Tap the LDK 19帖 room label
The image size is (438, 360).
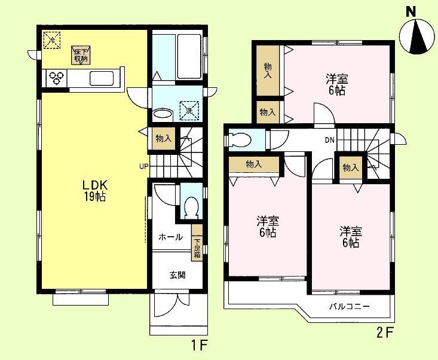click(94, 190)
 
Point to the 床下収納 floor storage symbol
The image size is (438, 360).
click(81, 55)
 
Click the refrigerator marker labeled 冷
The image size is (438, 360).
click(52, 40)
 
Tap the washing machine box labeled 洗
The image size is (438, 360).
click(189, 110)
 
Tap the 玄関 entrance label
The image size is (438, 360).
click(177, 275)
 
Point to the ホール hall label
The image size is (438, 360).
click(170, 237)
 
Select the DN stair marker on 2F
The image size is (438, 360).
click(329, 141)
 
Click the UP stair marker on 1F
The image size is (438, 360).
click(144, 166)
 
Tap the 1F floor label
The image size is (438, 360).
click(200, 345)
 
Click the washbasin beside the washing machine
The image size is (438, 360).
click(162, 114)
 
